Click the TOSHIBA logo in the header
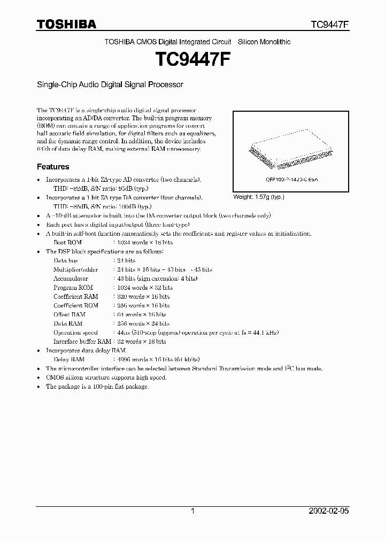pos(66,24)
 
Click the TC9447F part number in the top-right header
pos(330,25)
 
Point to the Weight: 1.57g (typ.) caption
pos(259,197)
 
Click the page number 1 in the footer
pos(192,511)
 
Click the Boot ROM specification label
pos(68,242)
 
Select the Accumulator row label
pos(71,279)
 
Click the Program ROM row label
pos(73,288)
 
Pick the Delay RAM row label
pos(69,359)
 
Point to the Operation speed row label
pos(75,333)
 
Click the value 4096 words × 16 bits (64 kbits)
pos(158,359)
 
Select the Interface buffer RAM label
pos(82,341)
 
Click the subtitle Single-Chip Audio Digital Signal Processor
pos(110,84)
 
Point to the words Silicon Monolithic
pos(264,42)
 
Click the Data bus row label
pos(66,260)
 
